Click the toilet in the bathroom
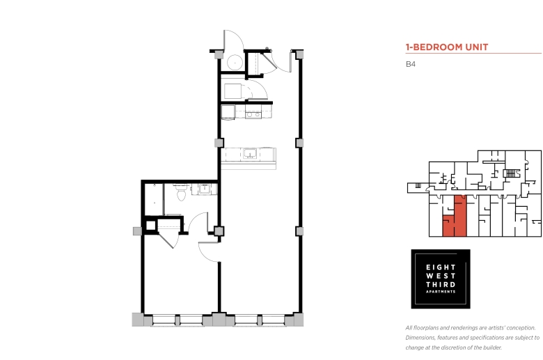click(x=182, y=192)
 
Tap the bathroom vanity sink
click(x=204, y=189)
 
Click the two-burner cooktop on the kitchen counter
click(x=253, y=114)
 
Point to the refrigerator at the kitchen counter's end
click(x=228, y=112)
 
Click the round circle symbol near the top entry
click(x=235, y=63)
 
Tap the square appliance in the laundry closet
click(x=233, y=91)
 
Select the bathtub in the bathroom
click(x=153, y=200)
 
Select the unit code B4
click(x=410, y=64)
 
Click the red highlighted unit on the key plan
click(x=455, y=218)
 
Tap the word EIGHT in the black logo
click(x=441, y=267)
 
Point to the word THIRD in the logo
click(x=441, y=285)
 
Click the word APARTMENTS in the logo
click(x=441, y=292)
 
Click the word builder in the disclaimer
click(x=491, y=347)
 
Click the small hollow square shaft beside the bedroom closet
click(x=150, y=226)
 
